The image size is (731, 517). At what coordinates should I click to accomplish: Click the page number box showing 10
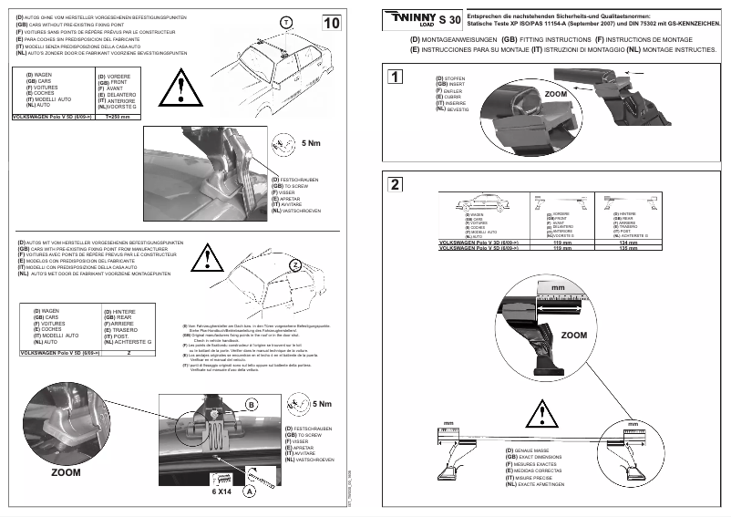click(x=333, y=22)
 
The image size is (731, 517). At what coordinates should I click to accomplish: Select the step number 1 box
click(x=395, y=77)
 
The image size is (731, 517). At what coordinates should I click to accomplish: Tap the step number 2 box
click(x=395, y=184)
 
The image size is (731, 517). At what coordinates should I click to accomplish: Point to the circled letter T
click(x=286, y=21)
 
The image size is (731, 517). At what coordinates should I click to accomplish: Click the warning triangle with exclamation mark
click(x=185, y=88)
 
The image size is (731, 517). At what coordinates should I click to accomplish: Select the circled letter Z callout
click(x=294, y=264)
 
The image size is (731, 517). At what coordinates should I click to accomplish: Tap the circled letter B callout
click(x=302, y=404)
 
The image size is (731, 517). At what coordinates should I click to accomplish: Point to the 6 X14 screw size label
click(x=223, y=491)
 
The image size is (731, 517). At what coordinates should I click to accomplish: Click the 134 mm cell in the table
click(x=628, y=243)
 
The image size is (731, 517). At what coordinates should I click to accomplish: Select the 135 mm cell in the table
click(x=628, y=249)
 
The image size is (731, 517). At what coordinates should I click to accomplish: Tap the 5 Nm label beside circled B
click(x=322, y=404)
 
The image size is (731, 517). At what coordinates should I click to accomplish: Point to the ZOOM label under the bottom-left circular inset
click(x=66, y=474)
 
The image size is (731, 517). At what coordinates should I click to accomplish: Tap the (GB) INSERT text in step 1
click(x=452, y=85)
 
